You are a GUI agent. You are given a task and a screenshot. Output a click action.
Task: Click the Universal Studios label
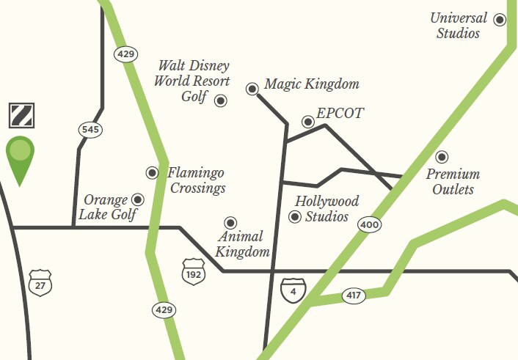point(458,26)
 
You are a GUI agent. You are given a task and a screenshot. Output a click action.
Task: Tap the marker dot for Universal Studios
point(500,20)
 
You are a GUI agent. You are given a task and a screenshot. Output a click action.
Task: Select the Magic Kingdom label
point(311,84)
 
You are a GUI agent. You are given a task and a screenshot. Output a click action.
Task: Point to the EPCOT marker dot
point(308,122)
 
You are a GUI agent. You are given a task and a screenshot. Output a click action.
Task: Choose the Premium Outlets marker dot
point(442,157)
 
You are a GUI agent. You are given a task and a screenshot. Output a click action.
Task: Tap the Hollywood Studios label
point(327,208)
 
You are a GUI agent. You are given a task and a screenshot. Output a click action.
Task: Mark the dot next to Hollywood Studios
point(295,216)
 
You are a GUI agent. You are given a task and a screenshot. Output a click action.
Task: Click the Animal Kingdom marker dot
point(230,223)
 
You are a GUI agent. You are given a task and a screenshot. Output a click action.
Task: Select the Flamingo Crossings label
point(196,180)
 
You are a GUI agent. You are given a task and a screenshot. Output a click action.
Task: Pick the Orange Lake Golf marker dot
point(138,199)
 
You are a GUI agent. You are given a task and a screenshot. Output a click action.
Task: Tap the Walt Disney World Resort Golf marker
point(220,100)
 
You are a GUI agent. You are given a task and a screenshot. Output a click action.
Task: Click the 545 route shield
point(90,130)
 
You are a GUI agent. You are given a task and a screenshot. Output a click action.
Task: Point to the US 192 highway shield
point(193,270)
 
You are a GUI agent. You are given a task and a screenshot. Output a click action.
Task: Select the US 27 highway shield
point(40,282)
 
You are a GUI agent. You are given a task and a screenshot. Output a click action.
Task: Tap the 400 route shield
point(368,224)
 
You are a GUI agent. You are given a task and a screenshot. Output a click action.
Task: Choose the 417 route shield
point(354,296)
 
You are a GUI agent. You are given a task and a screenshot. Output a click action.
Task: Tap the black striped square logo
point(20,114)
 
